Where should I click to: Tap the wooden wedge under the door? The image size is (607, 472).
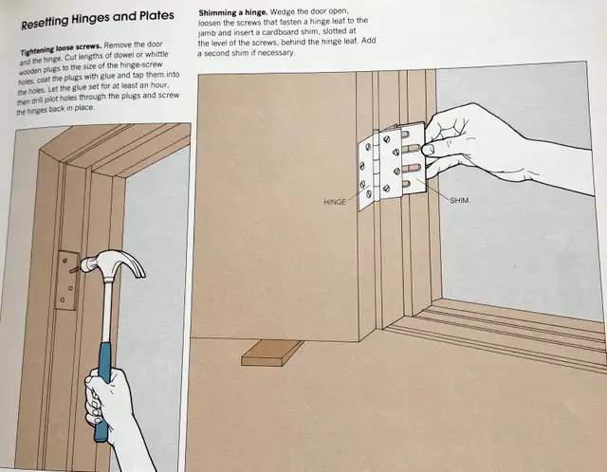click(271, 353)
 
